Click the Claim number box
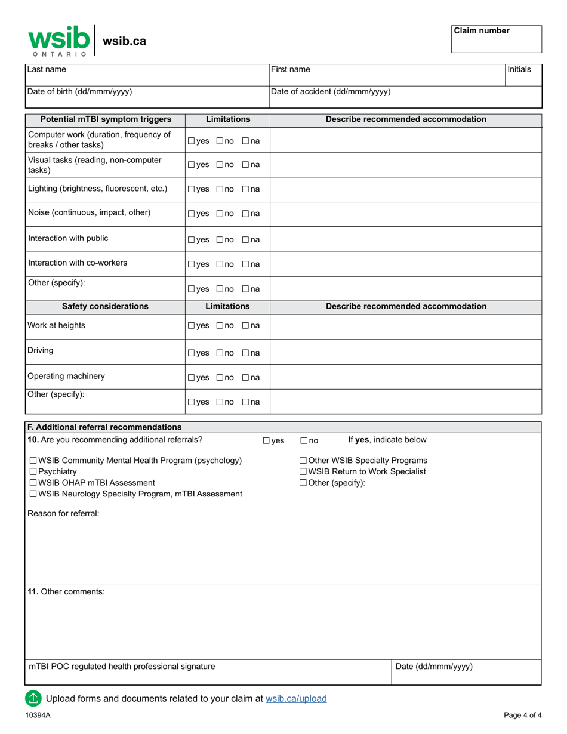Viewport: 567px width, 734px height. [x=497, y=39]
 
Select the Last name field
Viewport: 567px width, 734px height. [x=146, y=74]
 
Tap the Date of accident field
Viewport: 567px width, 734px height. [x=406, y=97]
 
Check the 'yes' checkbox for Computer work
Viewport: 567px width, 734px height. [x=191, y=141]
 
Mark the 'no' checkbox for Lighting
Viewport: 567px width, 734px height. [x=220, y=189]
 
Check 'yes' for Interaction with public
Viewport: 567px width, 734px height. [x=191, y=240]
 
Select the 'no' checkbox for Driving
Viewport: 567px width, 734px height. [x=220, y=353]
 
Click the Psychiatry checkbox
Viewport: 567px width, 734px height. [x=33, y=472]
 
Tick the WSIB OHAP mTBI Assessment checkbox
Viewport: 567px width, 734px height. [x=33, y=483]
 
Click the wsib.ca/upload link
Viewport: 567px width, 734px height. [x=296, y=699]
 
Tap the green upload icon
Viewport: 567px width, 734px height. [x=33, y=698]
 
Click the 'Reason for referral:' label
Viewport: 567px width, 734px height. [x=64, y=513]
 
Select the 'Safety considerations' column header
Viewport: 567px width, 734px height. [x=105, y=307]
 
